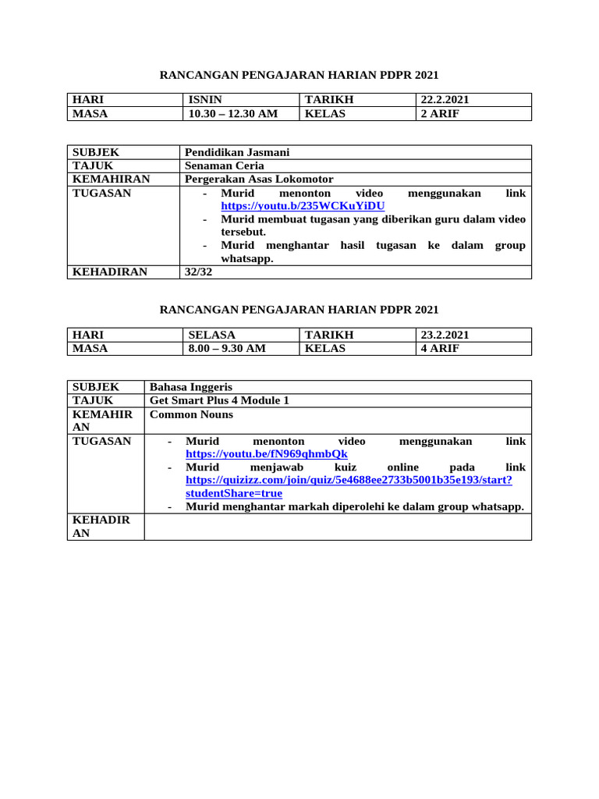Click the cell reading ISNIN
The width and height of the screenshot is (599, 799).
[205, 100]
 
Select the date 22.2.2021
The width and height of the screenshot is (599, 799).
[445, 100]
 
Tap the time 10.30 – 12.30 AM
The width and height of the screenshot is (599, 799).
[232, 113]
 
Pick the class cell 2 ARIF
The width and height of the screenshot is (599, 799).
[440, 113]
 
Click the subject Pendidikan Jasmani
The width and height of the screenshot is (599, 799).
[236, 152]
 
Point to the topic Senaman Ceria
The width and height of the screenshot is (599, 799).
[224, 165]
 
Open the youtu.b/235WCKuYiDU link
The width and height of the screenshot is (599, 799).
[303, 206]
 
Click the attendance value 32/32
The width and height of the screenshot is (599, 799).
[197, 272]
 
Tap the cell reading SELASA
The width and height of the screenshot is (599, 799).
[211, 335]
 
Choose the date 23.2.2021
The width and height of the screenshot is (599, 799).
[445, 335]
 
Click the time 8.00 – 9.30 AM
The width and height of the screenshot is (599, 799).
[227, 348]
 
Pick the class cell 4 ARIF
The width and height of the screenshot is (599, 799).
[440, 348]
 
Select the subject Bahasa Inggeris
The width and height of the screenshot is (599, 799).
[190, 387]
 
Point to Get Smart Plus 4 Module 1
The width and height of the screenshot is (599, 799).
[219, 400]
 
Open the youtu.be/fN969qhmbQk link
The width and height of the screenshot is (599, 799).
[266, 454]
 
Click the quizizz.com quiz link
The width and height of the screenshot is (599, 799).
[349, 481]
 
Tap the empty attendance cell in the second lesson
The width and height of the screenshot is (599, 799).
[337, 527]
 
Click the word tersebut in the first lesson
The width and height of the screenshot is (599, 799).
[243, 233]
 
